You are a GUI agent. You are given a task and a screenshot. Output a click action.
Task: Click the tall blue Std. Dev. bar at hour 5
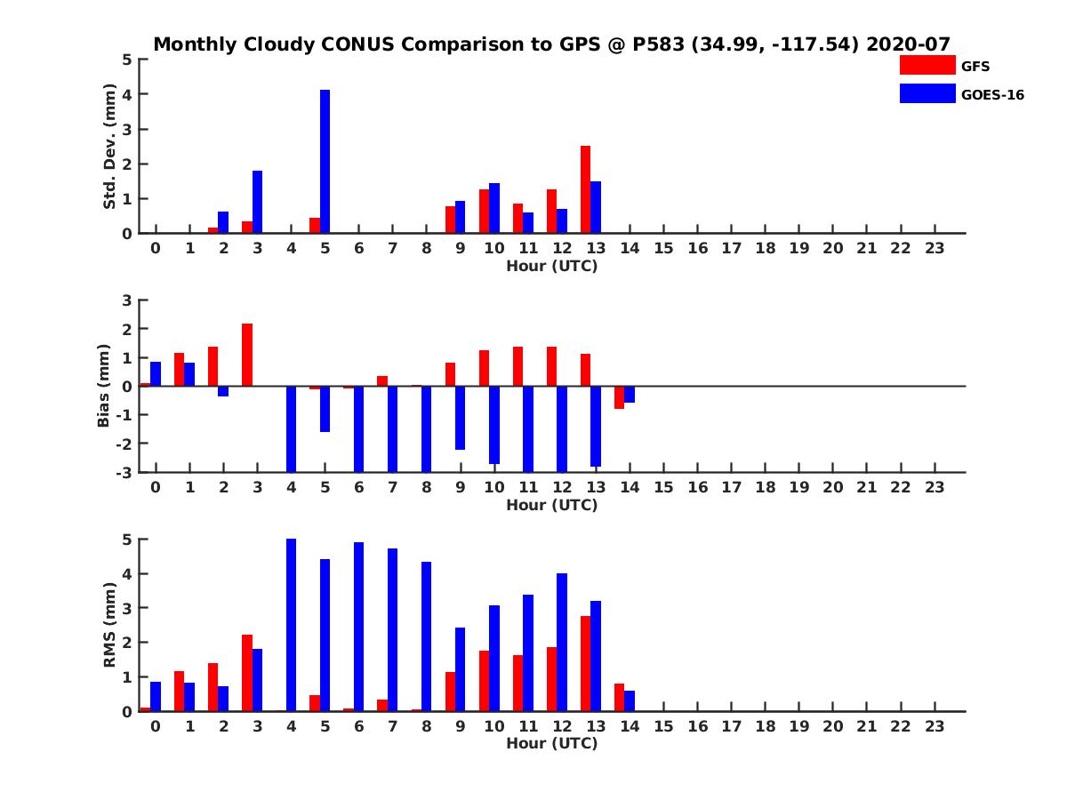tap(325, 162)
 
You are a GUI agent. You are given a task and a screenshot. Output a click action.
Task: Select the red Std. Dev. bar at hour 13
tap(585, 189)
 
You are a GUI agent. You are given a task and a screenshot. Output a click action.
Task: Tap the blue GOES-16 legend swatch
tap(927, 94)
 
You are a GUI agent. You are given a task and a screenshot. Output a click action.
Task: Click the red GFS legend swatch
tap(927, 65)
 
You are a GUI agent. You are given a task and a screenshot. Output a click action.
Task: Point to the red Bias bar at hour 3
tap(247, 355)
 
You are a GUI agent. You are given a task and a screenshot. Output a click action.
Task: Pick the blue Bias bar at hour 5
tap(325, 409)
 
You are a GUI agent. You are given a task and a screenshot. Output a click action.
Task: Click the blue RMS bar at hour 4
tap(291, 625)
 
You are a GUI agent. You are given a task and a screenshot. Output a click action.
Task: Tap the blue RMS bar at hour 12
tap(562, 642)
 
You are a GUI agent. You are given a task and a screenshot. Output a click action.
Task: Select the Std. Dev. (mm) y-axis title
tap(109, 147)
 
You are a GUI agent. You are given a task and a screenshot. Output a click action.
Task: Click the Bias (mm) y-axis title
tap(104, 386)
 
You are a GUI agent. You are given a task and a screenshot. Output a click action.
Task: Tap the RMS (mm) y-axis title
tap(109, 625)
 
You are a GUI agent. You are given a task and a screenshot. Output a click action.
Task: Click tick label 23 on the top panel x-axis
tap(934, 248)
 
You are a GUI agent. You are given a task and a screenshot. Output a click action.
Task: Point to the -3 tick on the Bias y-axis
tap(124, 472)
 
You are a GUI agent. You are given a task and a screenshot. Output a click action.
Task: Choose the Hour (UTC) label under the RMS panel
tap(551, 743)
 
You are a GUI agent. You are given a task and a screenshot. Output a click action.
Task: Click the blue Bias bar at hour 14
tap(630, 395)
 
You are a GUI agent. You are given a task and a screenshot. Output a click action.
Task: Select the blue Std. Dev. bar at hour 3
tap(257, 202)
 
